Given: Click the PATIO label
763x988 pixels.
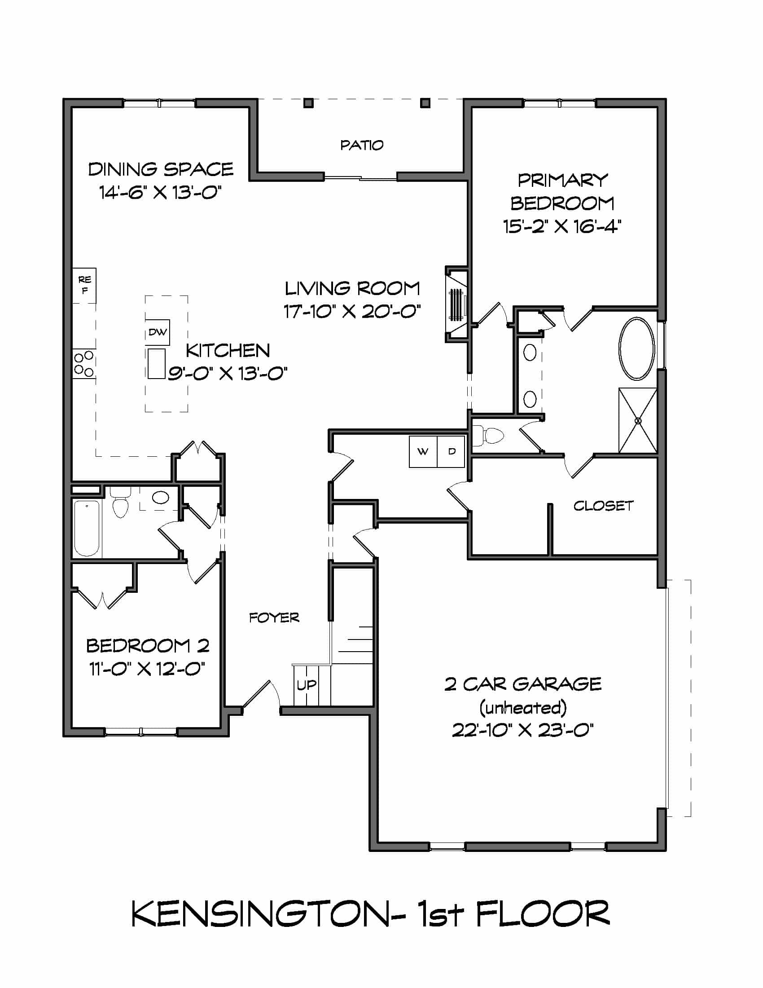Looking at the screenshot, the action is coord(362,145).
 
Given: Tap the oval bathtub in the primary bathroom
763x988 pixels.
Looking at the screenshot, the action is coord(636,349).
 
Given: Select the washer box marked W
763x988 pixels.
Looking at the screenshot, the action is coord(423,451).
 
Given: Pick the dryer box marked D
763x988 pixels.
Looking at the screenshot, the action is coord(451,451).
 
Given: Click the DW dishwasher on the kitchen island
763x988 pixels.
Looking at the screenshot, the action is coord(157,332).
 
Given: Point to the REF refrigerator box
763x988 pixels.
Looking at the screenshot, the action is coord(84,285).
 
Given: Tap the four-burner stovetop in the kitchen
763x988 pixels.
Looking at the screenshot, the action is coord(84,364).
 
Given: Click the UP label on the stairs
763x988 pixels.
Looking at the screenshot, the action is coord(307,685).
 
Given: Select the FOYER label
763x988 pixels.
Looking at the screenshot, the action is coord(274,618).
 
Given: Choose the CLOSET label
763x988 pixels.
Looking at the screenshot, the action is coord(603,506).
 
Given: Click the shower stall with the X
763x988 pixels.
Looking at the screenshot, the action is coord(638,420).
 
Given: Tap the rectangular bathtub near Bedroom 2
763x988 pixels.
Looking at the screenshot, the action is coord(86,528).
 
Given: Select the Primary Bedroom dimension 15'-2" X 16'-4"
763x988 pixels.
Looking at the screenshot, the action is coord(562,226).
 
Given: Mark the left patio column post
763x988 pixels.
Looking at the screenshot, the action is coord(309,103).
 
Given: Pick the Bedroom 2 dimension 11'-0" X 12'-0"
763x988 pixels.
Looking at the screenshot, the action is coord(147,669).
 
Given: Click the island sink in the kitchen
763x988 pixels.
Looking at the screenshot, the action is coord(156,364).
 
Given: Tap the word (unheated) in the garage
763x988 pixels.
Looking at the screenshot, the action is coord(523,707).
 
